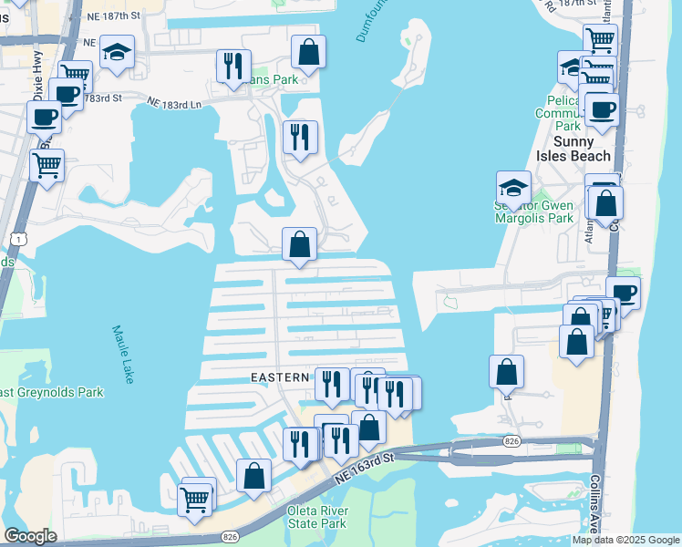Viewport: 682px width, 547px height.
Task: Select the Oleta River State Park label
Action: point(316,517)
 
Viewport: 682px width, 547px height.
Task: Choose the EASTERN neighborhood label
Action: point(281,377)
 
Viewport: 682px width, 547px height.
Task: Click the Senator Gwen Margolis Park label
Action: point(546,212)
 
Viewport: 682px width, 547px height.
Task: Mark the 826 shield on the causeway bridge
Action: point(511,441)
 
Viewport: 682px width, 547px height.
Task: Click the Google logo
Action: point(30,536)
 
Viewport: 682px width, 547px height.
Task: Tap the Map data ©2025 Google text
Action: point(625,540)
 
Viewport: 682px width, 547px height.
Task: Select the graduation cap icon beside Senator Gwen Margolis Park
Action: point(514,187)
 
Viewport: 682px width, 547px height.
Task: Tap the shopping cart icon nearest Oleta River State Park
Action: point(194,499)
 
